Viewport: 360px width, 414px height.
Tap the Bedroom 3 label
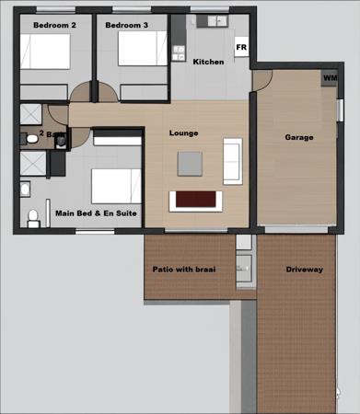click(x=126, y=25)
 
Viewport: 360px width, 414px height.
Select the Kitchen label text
click(x=208, y=62)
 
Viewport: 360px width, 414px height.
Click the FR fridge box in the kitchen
click(x=241, y=47)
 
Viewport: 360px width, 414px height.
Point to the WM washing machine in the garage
click(x=329, y=79)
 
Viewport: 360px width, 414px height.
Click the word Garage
click(x=299, y=137)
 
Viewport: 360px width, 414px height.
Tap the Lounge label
click(x=183, y=132)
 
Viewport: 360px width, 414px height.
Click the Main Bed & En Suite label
click(x=97, y=213)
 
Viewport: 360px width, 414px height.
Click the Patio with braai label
click(x=190, y=269)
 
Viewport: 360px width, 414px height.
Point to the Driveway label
click(x=304, y=269)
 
